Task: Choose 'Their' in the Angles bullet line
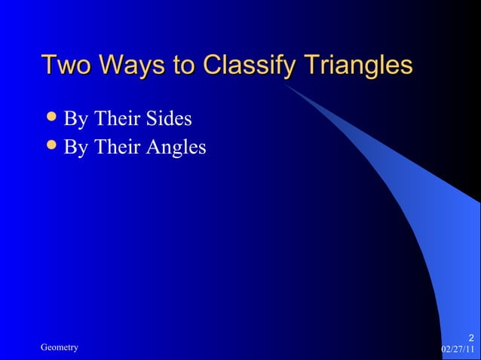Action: [115, 147]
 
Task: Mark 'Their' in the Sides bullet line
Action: [115, 118]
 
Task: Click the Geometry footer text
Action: [60, 347]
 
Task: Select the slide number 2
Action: [470, 337]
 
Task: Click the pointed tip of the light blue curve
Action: [287, 84]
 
